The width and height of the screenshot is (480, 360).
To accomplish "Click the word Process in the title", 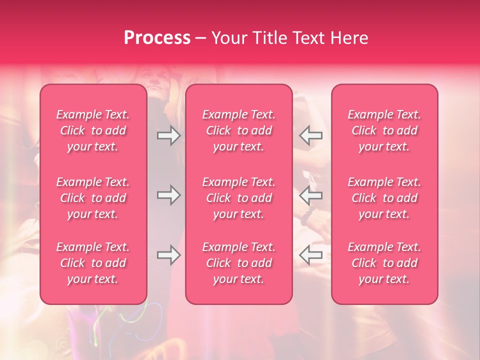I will coord(157,37).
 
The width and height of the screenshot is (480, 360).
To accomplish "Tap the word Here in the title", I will coord(348,37).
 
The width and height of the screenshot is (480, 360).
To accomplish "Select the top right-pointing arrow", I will coord(168,135).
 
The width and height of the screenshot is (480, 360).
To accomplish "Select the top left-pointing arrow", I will coord(311,135).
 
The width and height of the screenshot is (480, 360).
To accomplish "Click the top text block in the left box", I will coord(93,130).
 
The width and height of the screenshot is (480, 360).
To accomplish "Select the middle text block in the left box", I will coord(93,198).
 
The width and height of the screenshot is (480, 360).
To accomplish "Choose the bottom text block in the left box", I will coord(93,263).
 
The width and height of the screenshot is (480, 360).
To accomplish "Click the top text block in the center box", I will coord(238,130).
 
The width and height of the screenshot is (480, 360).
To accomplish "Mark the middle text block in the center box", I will coord(238,198).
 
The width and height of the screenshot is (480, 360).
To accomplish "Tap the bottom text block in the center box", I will coord(238,263).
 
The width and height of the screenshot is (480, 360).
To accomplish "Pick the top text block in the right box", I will coord(384,130).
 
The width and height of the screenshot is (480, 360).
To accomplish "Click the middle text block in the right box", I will coord(384,198).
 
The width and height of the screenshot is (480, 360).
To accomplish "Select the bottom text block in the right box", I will coord(384,263).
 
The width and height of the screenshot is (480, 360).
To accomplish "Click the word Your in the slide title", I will coord(227,37).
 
